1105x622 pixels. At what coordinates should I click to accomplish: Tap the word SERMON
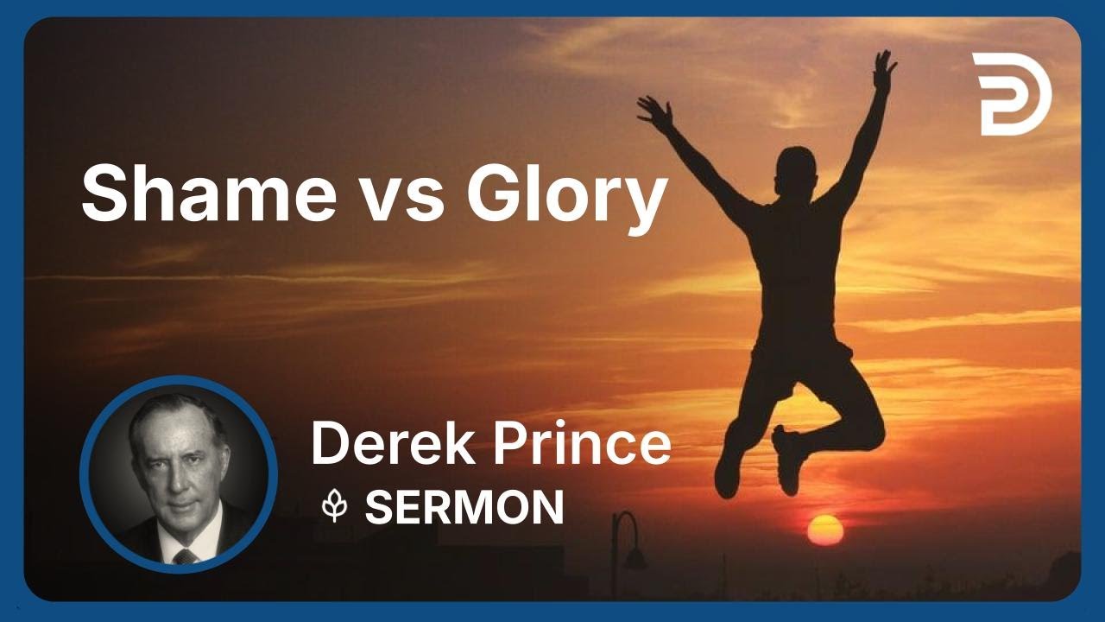(x=464, y=507)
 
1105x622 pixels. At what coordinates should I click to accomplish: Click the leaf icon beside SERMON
(x=334, y=507)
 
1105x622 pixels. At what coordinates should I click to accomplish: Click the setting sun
(x=824, y=530)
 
